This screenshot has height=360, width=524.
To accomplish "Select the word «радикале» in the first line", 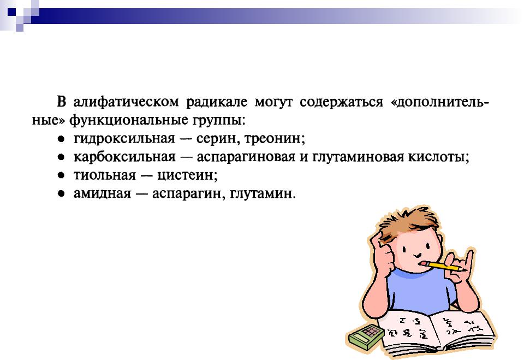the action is pyautogui.click(x=217, y=102).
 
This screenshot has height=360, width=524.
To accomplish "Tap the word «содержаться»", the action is pyautogui.click(x=341, y=102).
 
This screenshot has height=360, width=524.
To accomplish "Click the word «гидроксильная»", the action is pyautogui.click(x=124, y=138).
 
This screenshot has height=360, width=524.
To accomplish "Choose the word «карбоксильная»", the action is pyautogui.click(x=124, y=156).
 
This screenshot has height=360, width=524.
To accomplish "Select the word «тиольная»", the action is pyautogui.click(x=105, y=175).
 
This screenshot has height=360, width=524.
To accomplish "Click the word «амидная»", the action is pyautogui.click(x=102, y=193).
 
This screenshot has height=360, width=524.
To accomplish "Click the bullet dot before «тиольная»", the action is pyautogui.click(x=61, y=175).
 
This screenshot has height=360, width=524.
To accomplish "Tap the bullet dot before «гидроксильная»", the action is pyautogui.click(x=61, y=139).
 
